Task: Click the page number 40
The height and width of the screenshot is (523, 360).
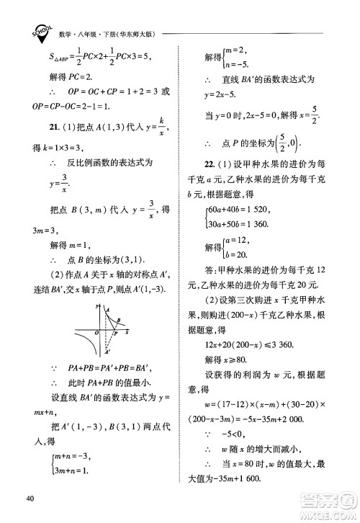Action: tap(30, 499)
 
